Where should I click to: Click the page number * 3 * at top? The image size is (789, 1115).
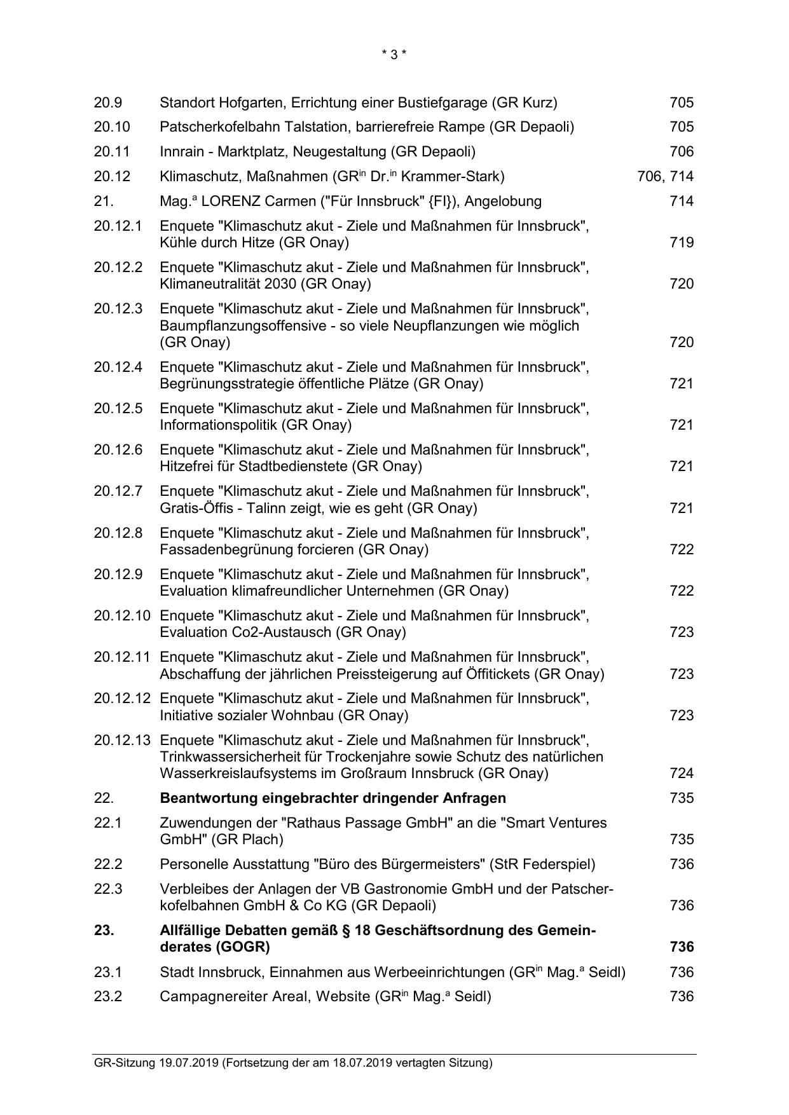point(394,55)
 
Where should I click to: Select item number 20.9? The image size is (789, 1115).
point(108,102)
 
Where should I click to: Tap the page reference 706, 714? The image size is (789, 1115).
point(665,177)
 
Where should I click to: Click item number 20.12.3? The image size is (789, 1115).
point(118,309)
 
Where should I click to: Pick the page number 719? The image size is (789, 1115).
point(682,243)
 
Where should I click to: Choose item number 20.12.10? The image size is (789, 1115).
point(122,616)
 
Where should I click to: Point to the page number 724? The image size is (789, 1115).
point(682,774)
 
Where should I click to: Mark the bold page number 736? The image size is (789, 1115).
point(682,947)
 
